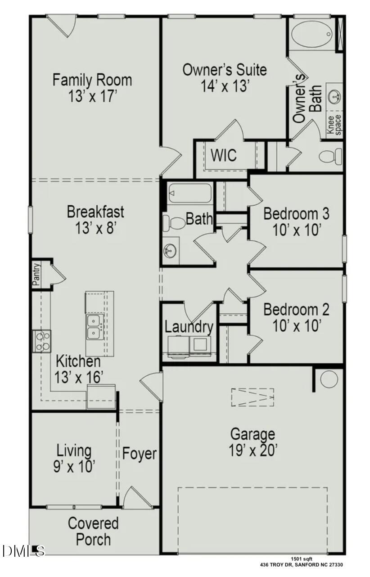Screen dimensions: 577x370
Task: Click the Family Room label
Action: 92,80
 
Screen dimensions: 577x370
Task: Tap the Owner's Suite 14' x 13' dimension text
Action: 225,86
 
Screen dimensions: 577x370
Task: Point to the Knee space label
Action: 334,124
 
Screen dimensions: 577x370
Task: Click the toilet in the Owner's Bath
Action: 331,156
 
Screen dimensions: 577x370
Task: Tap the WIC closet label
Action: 224,156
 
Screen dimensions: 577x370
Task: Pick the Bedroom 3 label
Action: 296,213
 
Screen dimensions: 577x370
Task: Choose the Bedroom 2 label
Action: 296,310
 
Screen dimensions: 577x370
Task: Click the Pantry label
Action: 36,275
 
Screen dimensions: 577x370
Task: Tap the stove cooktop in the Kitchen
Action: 41,341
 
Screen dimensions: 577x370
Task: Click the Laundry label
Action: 189,327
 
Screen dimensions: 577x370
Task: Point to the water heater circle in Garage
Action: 329,379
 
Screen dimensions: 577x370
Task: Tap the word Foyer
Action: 140,454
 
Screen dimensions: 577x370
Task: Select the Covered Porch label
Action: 93,531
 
